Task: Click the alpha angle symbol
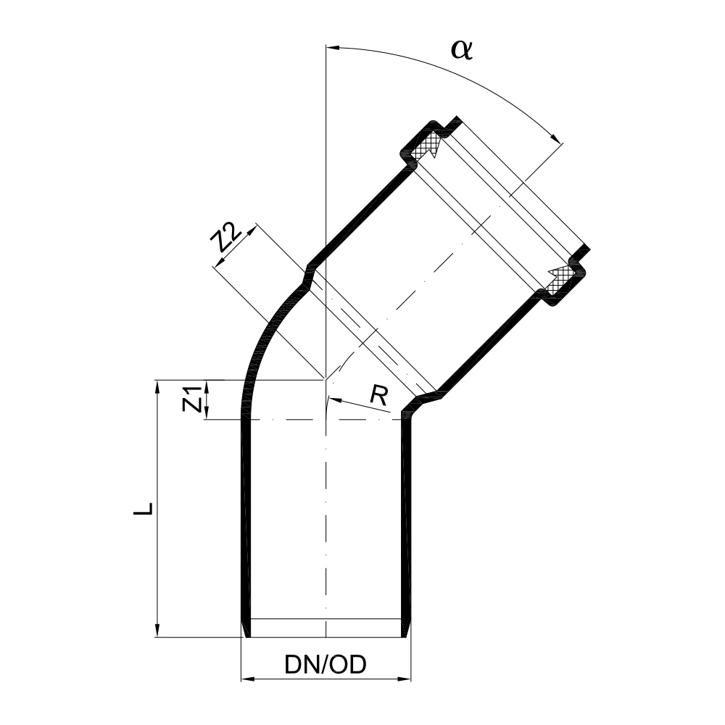tap(462, 49)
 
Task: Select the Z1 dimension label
tap(191, 399)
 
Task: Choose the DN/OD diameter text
tap(326, 664)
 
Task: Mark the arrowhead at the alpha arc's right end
tap(558, 140)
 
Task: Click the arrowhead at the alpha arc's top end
tap(332, 48)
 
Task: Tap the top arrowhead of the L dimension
tap(157, 385)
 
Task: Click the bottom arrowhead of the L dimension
tap(157, 631)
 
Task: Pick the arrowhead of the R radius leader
tap(333, 399)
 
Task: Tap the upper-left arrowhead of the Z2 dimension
tap(252, 229)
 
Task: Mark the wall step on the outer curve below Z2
tap(307, 277)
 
